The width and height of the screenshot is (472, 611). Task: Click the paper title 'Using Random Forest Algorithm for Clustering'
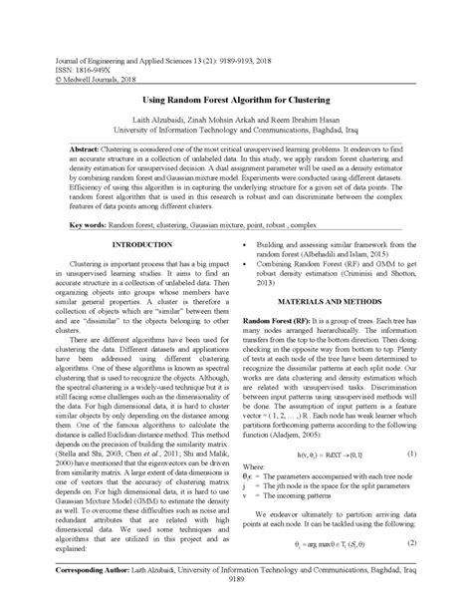236,101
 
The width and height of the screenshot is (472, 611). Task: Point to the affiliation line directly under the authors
236,129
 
